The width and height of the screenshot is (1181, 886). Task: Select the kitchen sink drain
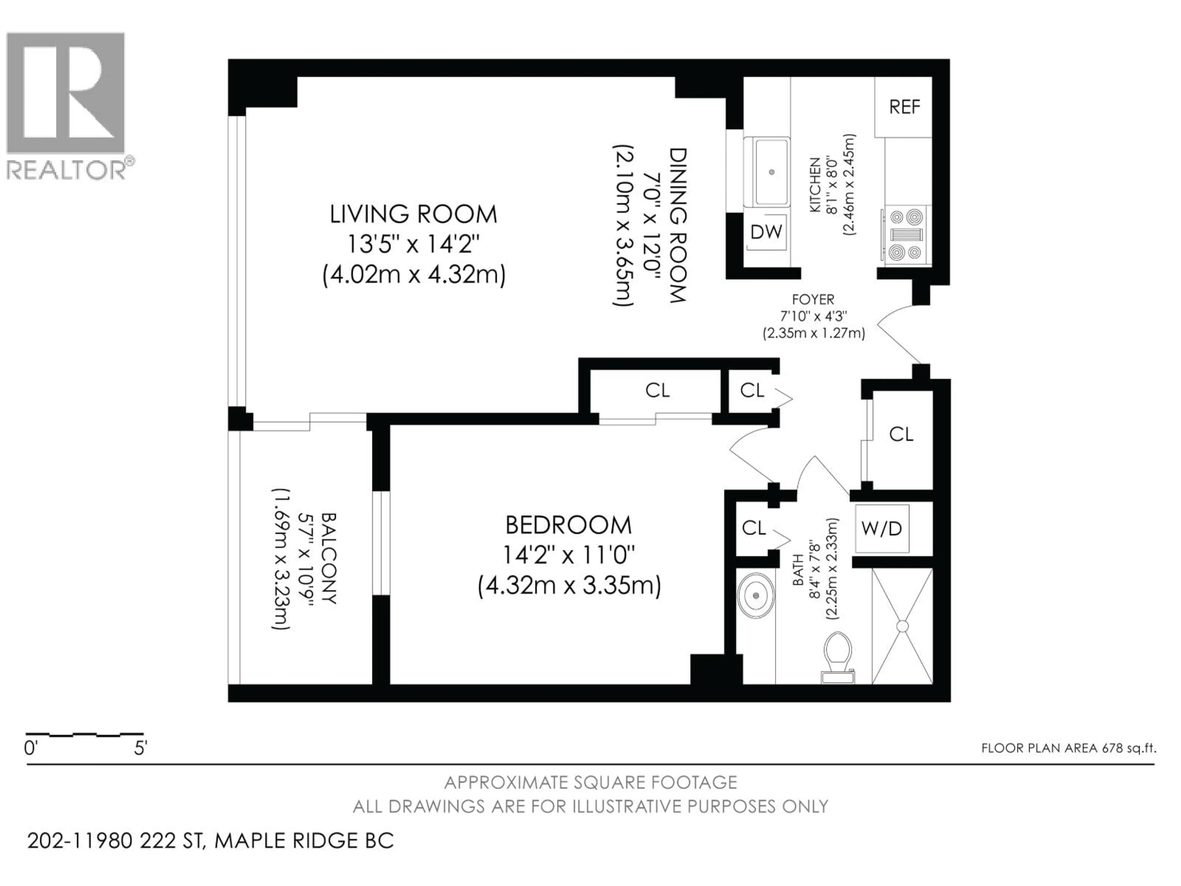(771, 172)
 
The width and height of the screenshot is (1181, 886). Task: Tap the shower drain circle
(902, 626)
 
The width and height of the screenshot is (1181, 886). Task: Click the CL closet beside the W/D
(901, 434)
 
